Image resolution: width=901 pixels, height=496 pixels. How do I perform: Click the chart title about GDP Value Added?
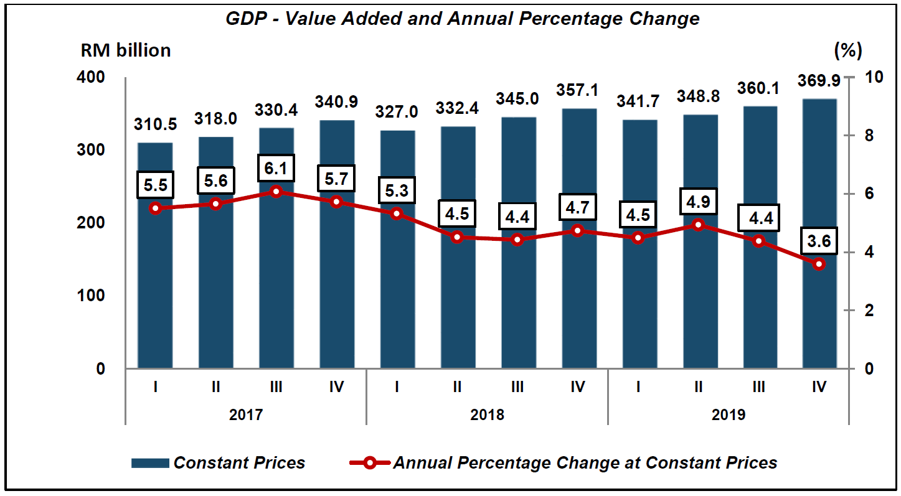462,19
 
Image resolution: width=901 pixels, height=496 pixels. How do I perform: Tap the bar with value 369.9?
819,311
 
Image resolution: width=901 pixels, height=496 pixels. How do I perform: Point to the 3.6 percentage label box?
819,241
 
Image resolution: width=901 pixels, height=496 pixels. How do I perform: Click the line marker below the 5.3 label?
397,213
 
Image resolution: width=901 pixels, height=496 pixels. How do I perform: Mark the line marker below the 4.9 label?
698,225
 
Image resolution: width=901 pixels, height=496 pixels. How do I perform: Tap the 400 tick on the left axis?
93,78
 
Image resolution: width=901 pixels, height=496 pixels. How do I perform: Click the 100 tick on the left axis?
93,296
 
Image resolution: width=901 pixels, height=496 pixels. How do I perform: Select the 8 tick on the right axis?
870,136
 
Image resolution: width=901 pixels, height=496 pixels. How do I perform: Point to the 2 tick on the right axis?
870,311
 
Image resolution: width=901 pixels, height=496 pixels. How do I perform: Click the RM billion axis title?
126,50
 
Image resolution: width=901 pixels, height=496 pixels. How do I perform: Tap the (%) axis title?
847,50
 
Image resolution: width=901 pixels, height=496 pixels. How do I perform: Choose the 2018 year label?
488,414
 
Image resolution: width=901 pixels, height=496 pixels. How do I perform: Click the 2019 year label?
729,414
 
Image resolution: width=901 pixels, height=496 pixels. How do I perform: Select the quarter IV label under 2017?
336,387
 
